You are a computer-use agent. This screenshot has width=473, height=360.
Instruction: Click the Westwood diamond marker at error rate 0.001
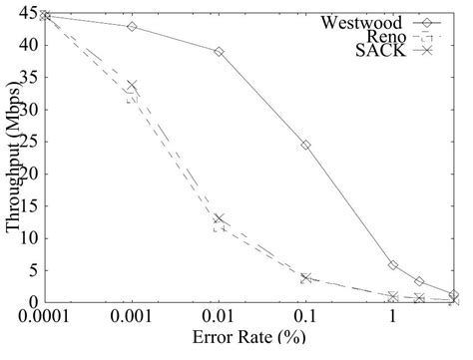coord(132,27)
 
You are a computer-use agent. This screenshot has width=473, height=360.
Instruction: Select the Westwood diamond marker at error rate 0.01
coord(219,51)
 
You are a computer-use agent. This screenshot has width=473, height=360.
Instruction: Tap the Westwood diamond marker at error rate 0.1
coord(305,145)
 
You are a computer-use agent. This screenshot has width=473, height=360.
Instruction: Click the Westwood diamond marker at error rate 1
coord(393,264)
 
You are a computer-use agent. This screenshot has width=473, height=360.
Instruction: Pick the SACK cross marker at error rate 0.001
coord(132,87)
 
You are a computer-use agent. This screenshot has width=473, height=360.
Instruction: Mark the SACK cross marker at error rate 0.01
coord(219,219)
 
